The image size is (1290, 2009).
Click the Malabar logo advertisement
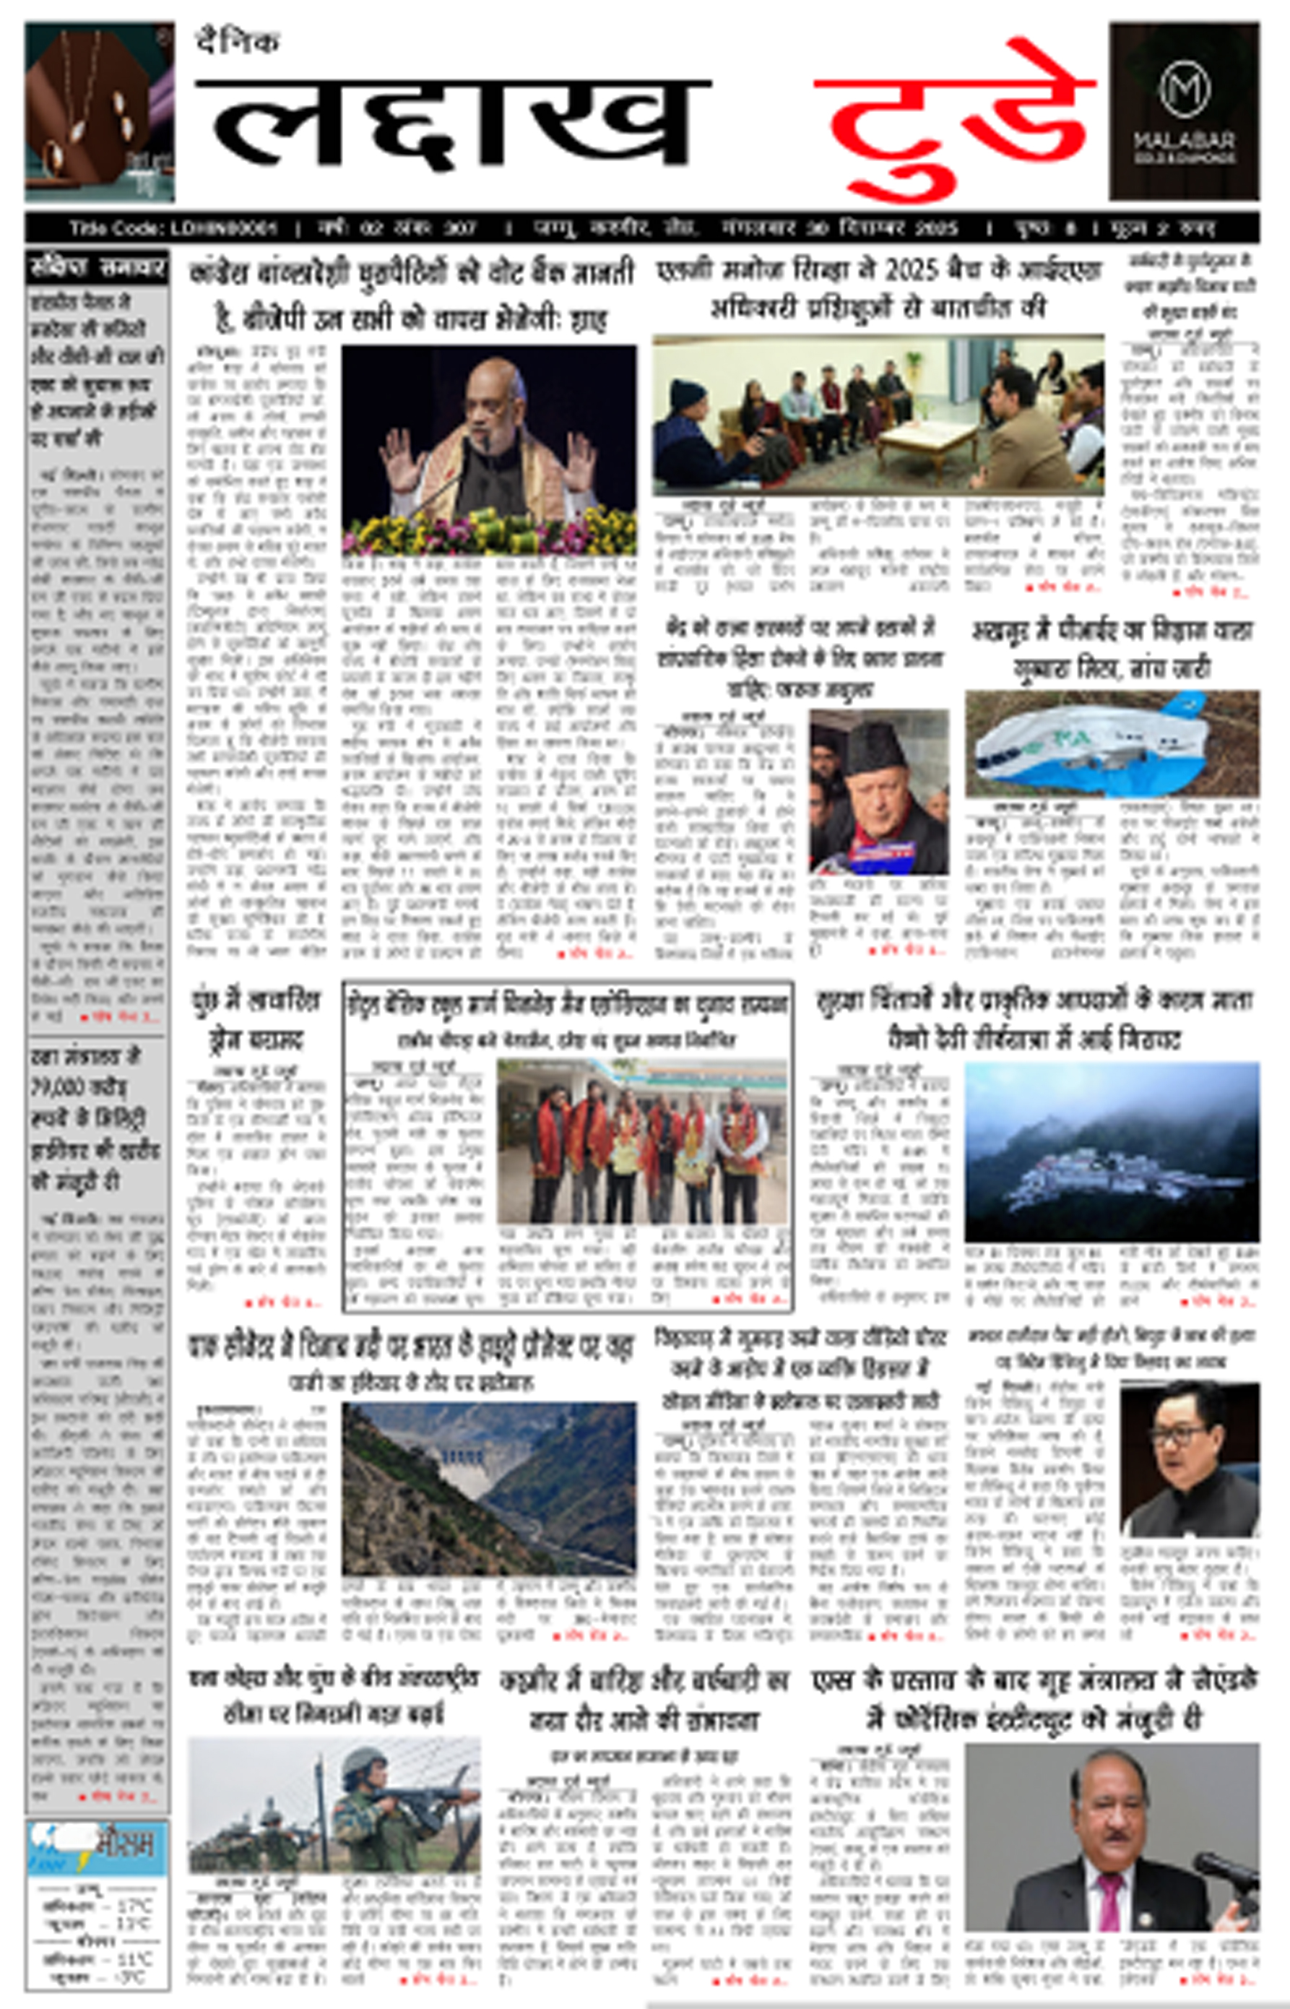[x=1184, y=111]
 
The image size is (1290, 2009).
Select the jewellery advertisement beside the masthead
[x=99, y=111]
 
